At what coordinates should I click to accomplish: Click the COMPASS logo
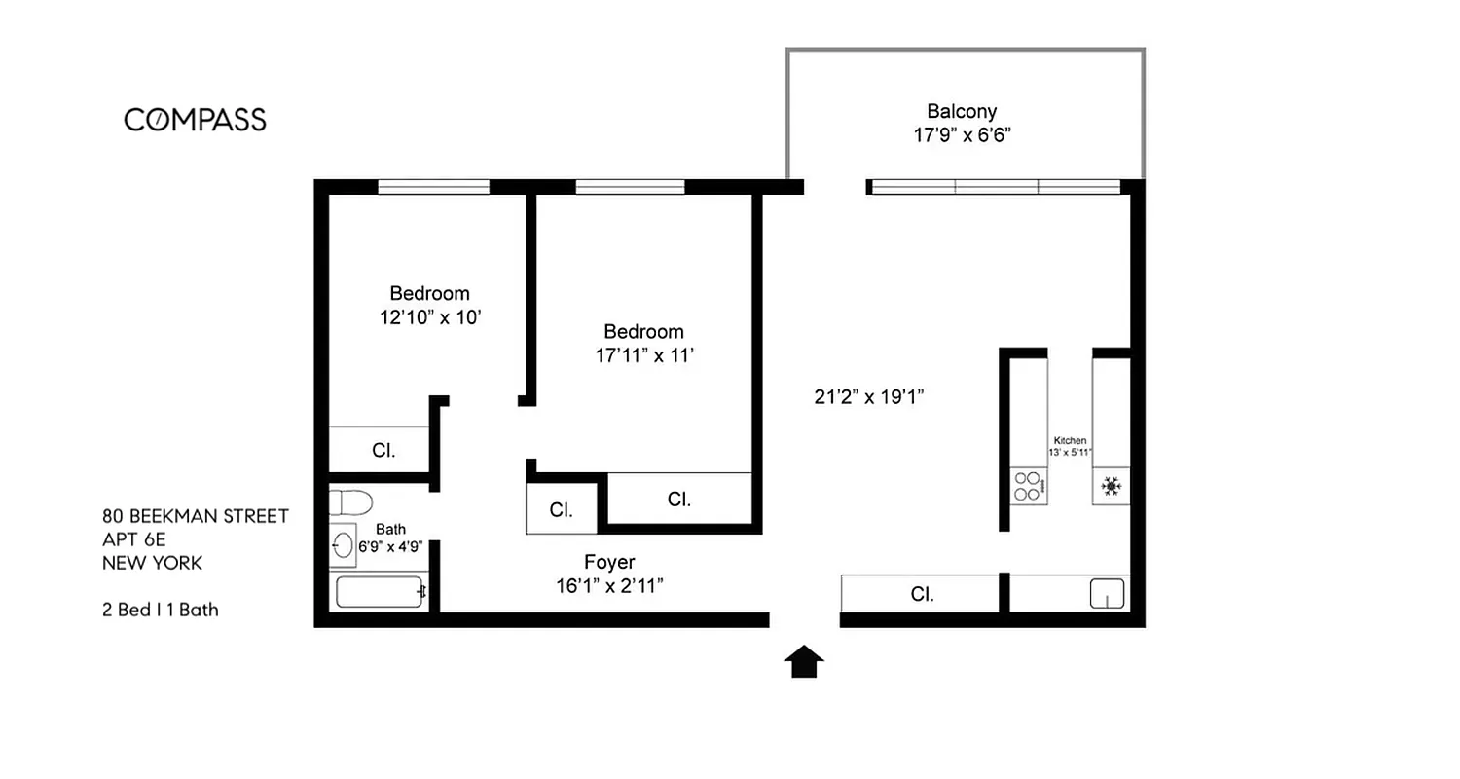[195, 120]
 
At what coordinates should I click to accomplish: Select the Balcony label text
[961, 111]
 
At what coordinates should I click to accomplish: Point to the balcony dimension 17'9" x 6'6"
[962, 135]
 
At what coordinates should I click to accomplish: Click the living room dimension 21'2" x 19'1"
[868, 396]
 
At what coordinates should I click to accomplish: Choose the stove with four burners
[1029, 485]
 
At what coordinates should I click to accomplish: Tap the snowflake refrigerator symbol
[1111, 486]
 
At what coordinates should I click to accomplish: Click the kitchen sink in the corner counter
[1106, 593]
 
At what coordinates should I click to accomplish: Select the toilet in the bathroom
[350, 502]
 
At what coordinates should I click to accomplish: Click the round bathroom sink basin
[344, 543]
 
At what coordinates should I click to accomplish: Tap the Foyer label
[609, 562]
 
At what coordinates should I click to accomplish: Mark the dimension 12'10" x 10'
[430, 317]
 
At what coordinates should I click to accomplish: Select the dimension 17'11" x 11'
[644, 355]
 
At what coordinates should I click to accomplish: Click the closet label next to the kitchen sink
[922, 594]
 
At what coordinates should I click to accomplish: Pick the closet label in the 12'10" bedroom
[383, 450]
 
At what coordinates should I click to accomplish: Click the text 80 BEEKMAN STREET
[196, 516]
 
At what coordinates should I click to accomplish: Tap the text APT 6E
[134, 539]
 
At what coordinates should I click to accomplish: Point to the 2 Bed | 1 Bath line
[161, 610]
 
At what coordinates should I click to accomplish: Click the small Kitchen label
[1070, 441]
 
